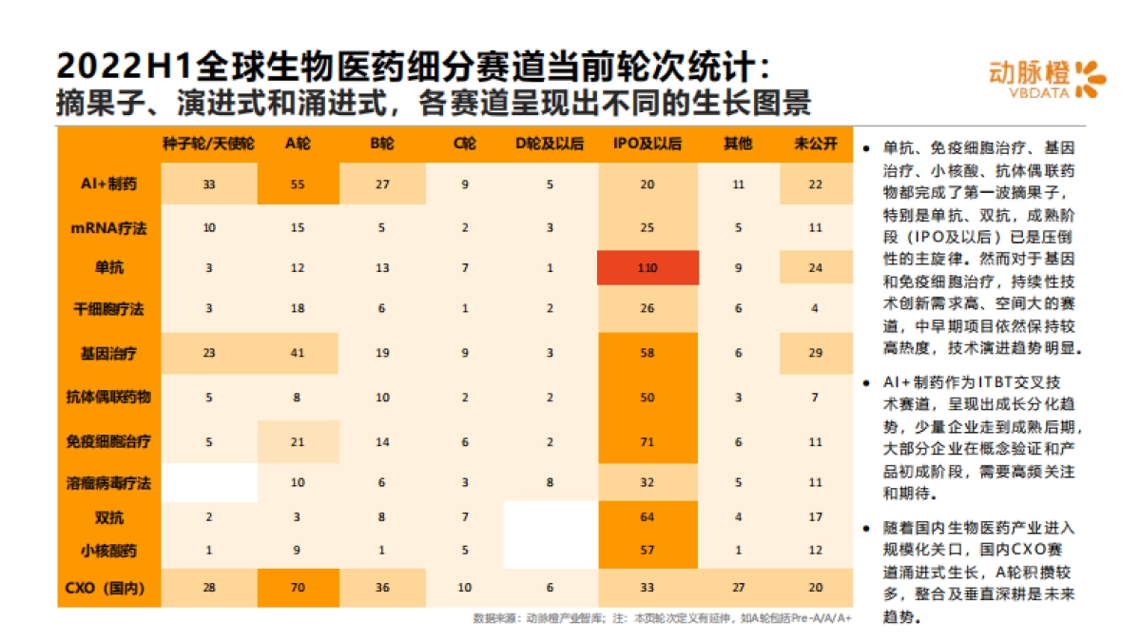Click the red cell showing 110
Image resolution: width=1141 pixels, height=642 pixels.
coord(648,268)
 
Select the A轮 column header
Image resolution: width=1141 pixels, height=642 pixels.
coord(298,144)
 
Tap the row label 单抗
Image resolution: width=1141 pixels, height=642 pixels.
coord(109,268)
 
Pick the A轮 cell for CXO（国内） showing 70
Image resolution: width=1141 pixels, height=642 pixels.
coord(298,587)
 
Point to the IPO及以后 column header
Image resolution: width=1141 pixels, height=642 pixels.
coord(648,144)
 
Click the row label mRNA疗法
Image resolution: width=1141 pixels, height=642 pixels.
coord(109,228)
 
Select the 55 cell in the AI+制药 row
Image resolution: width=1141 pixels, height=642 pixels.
coord(298,185)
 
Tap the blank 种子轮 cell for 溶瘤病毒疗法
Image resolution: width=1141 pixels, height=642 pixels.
coord(209,483)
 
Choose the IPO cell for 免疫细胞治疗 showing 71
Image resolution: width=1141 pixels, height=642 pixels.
coord(648,441)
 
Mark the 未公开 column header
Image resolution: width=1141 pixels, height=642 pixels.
coord(815,144)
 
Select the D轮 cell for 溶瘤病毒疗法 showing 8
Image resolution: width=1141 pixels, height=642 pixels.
coord(550,483)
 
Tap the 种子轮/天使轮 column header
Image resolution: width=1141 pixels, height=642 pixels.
coord(209,144)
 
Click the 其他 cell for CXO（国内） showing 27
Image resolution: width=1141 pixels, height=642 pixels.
coord(738,587)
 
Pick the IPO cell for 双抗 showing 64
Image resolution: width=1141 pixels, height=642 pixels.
coord(648,518)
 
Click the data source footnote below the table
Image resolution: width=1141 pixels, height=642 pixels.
coord(662,618)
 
